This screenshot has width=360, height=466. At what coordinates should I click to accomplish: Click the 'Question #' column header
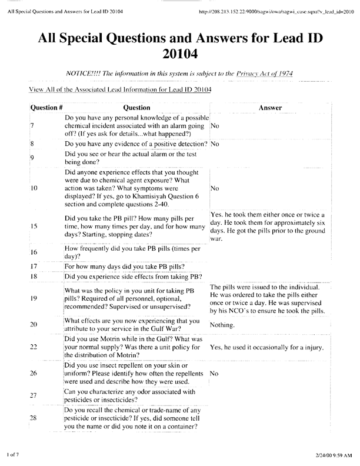click(46, 108)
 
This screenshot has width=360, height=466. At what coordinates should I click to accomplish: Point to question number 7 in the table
click(32, 126)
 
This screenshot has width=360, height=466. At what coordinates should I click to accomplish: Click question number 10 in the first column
click(34, 188)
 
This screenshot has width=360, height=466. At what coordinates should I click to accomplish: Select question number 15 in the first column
click(34, 226)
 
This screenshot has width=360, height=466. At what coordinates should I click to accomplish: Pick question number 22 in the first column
click(34, 347)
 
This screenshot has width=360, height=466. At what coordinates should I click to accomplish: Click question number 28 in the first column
click(34, 417)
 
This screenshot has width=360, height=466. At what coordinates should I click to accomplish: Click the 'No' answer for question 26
click(214, 373)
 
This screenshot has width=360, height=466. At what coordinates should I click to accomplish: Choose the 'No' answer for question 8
click(214, 144)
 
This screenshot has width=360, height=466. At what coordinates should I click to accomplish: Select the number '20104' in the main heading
click(179, 55)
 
